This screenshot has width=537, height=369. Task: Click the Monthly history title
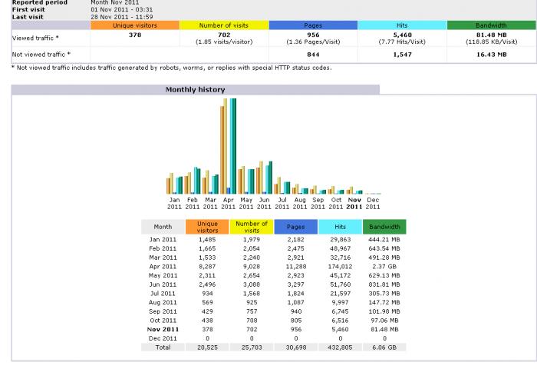195,90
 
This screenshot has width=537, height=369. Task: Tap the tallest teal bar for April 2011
233,146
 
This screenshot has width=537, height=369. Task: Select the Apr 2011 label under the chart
228,204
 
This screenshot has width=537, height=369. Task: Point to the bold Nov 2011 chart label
354,204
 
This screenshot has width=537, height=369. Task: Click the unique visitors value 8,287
207,266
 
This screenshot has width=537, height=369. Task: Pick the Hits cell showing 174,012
340,266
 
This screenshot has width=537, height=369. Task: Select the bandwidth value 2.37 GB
384,266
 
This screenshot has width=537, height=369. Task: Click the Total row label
163,347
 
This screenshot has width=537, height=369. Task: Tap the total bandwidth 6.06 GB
384,347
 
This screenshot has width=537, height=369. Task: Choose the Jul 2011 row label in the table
163,293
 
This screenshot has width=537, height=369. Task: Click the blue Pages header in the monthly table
295,227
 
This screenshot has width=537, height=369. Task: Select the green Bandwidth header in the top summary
491,25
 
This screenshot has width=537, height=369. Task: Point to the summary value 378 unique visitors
135,35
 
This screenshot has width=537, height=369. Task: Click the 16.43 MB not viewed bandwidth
491,55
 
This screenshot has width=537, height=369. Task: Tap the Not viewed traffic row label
41,55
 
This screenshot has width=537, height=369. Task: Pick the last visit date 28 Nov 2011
121,17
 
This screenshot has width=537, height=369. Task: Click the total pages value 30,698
295,347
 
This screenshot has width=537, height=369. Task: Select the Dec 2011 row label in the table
163,338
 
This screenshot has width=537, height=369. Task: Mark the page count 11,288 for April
295,266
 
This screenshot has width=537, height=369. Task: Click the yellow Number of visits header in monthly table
252,227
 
